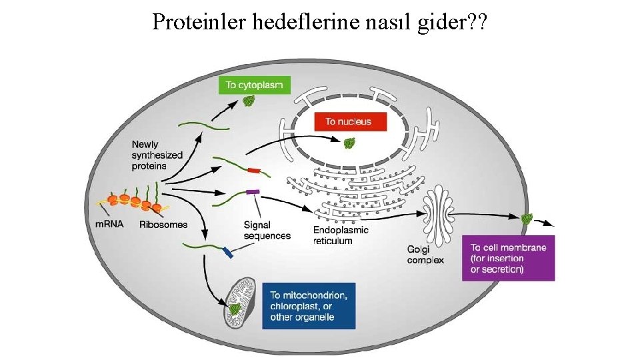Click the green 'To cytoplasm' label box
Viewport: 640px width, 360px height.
[x=253, y=85]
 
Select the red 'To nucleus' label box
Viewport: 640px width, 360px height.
[x=347, y=121]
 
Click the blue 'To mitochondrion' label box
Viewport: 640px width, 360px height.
[x=309, y=306]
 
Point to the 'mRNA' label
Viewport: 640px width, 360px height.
[x=109, y=224]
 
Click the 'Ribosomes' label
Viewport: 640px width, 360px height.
[x=163, y=224]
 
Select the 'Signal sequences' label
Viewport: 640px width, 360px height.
[x=267, y=230]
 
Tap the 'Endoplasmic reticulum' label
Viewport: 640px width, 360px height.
[x=341, y=235]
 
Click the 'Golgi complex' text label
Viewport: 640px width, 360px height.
[x=425, y=255]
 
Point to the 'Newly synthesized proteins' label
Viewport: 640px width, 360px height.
[x=157, y=155]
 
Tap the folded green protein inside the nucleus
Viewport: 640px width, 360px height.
[x=349, y=143]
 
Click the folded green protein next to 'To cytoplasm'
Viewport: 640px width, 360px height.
[x=249, y=101]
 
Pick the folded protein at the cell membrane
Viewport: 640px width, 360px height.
[x=527, y=218]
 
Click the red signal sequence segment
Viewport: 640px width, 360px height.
[x=254, y=171]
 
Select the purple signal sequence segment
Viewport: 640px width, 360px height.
[x=252, y=192]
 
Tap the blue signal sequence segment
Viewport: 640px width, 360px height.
[x=227, y=253]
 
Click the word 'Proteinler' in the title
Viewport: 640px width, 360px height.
[x=199, y=23]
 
